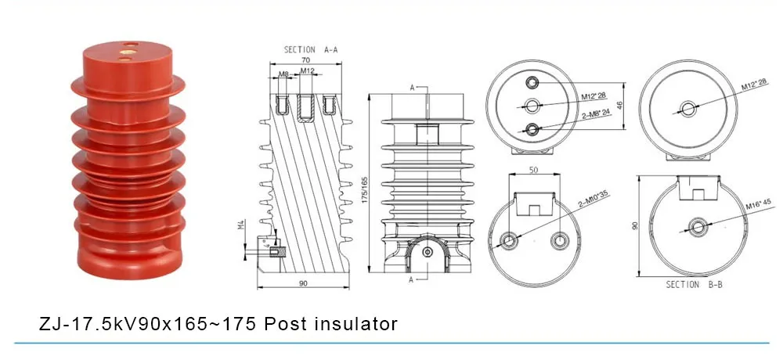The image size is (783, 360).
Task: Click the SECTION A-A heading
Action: (310, 49)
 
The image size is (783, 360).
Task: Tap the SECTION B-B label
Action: (694, 286)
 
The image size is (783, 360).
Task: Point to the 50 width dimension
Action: (533, 170)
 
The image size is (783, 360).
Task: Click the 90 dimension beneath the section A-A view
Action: (301, 283)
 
